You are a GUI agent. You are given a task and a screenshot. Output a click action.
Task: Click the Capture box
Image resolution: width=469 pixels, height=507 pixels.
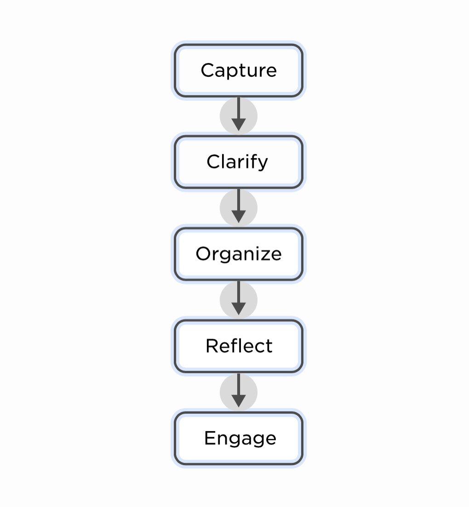tap(238, 70)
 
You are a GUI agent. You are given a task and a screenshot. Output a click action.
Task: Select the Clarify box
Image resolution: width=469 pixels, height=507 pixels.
tap(238, 162)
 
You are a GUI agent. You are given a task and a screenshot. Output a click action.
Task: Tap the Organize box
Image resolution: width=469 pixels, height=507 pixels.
tap(238, 254)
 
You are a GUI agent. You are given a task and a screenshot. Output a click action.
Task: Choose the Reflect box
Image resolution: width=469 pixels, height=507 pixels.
tap(238, 346)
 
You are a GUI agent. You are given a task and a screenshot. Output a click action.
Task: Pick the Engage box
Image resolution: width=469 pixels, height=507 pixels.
tap(238, 438)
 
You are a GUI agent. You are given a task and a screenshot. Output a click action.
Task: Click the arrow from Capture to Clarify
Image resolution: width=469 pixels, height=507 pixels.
tap(239, 114)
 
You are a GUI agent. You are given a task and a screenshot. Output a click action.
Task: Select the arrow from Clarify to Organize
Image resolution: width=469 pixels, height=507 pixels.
tap(239, 205)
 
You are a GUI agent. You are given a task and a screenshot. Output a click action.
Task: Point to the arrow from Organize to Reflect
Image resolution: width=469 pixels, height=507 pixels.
tap(239, 298)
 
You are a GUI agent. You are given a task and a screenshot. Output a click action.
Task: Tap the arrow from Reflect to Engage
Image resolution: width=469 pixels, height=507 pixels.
tap(239, 390)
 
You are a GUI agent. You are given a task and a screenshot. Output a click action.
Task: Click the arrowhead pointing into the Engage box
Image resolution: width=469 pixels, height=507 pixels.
tap(239, 401)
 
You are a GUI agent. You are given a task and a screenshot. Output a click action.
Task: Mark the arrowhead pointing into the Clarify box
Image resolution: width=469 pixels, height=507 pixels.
tap(239, 125)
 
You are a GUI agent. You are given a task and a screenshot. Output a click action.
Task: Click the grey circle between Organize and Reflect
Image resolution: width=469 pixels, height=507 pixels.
tap(239, 300)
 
